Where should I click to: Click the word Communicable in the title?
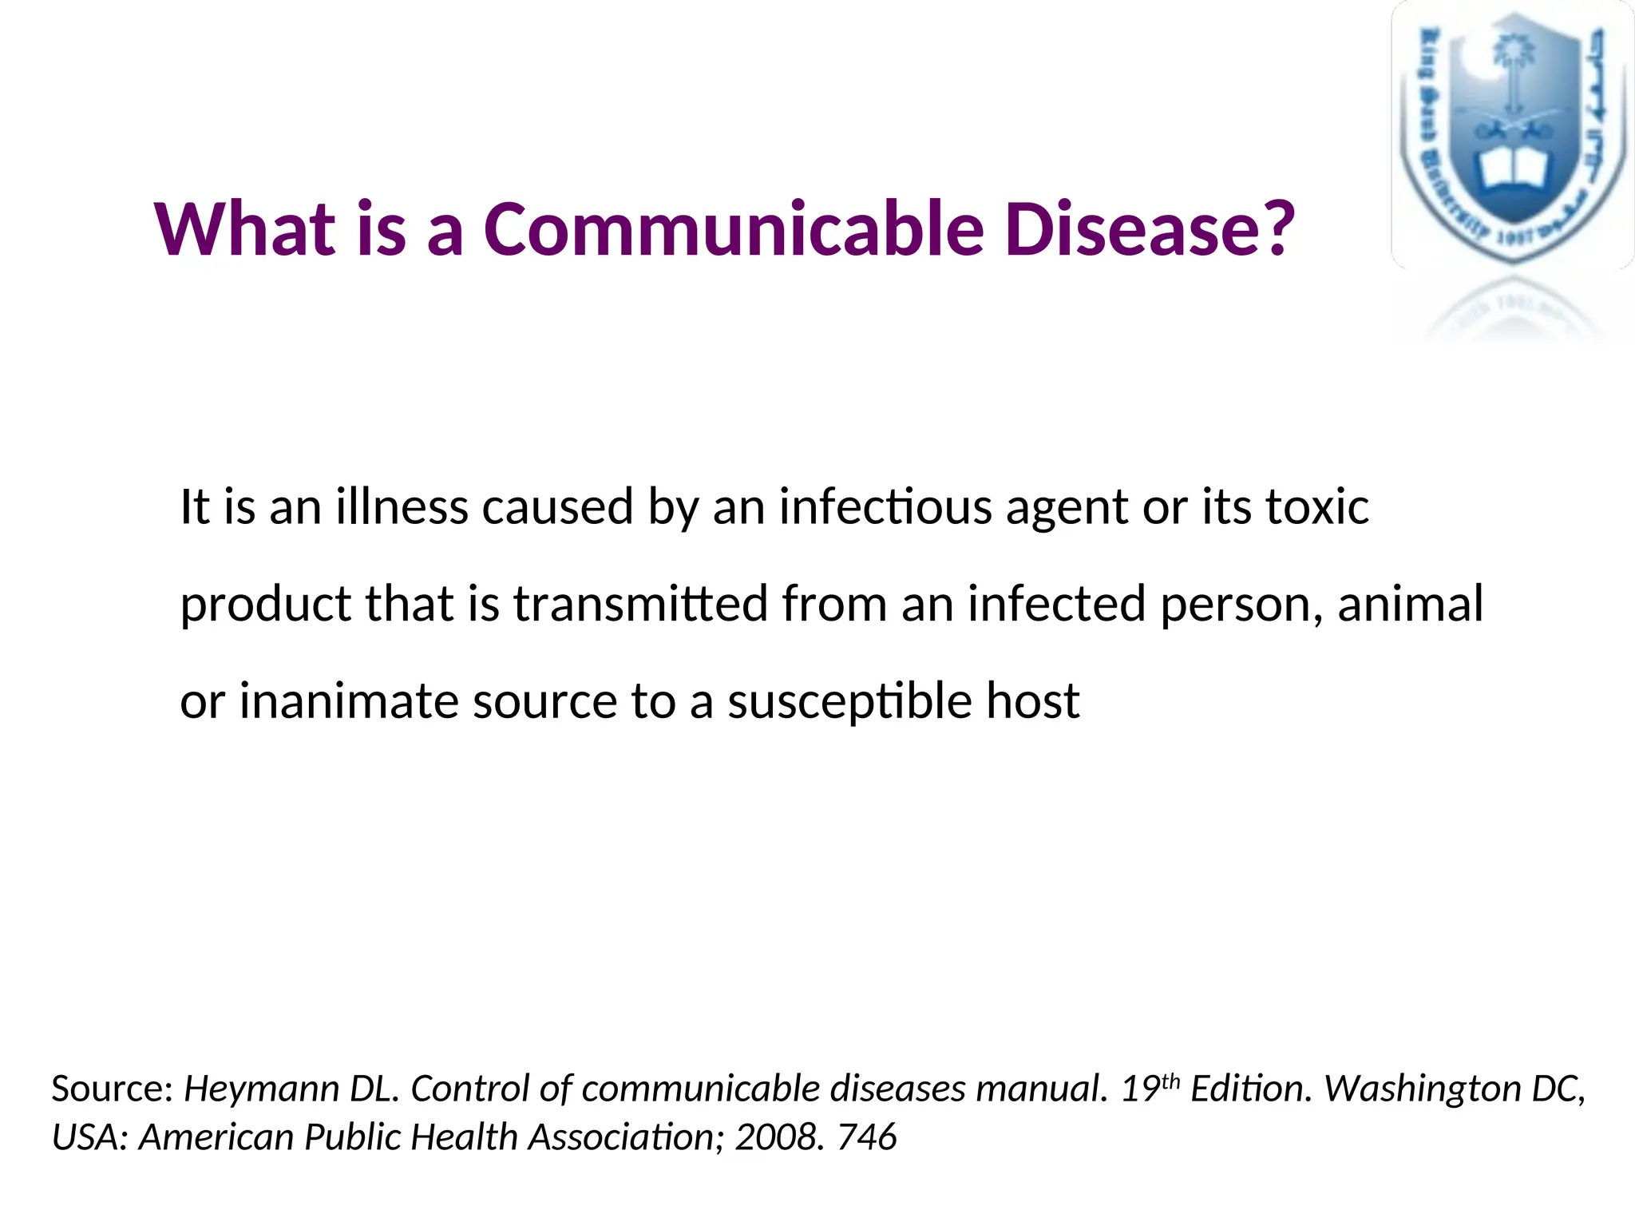click(733, 230)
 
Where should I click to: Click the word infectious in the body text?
click(885, 508)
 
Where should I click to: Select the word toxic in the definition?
click(1317, 508)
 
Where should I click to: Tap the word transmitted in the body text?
click(640, 605)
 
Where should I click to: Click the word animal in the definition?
click(1410, 605)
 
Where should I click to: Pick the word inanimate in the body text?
click(348, 702)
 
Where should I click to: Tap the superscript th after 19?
click(1170, 1081)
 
